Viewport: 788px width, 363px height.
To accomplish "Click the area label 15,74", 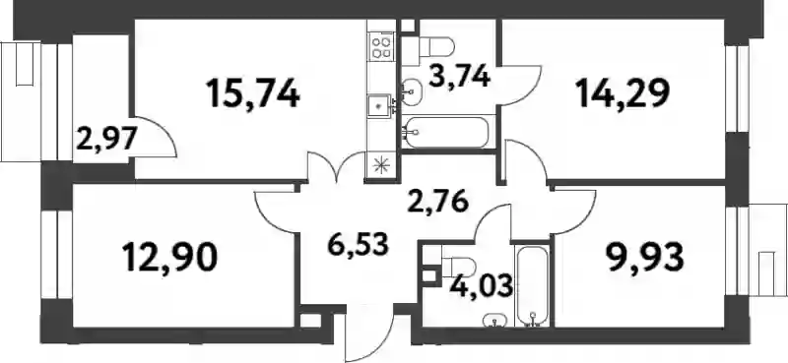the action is point(253,94).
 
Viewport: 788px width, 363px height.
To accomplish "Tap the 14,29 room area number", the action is point(624,93).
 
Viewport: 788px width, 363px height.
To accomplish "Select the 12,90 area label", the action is point(170,258).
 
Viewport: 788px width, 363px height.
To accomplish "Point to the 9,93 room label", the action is point(646,257).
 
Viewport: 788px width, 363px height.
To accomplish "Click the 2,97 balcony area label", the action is point(105,139).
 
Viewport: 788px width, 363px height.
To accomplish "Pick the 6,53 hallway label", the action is point(358,245).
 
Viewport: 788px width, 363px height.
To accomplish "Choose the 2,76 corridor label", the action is point(437,202).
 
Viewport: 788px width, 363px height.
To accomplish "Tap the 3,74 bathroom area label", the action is point(459,78).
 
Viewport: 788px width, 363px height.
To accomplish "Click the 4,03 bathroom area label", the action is point(482,285).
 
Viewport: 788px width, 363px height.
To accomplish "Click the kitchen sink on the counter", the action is point(380,106).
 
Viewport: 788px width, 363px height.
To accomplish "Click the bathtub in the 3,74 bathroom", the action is point(445,133).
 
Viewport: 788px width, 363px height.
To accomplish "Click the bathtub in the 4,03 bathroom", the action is point(532,286).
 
